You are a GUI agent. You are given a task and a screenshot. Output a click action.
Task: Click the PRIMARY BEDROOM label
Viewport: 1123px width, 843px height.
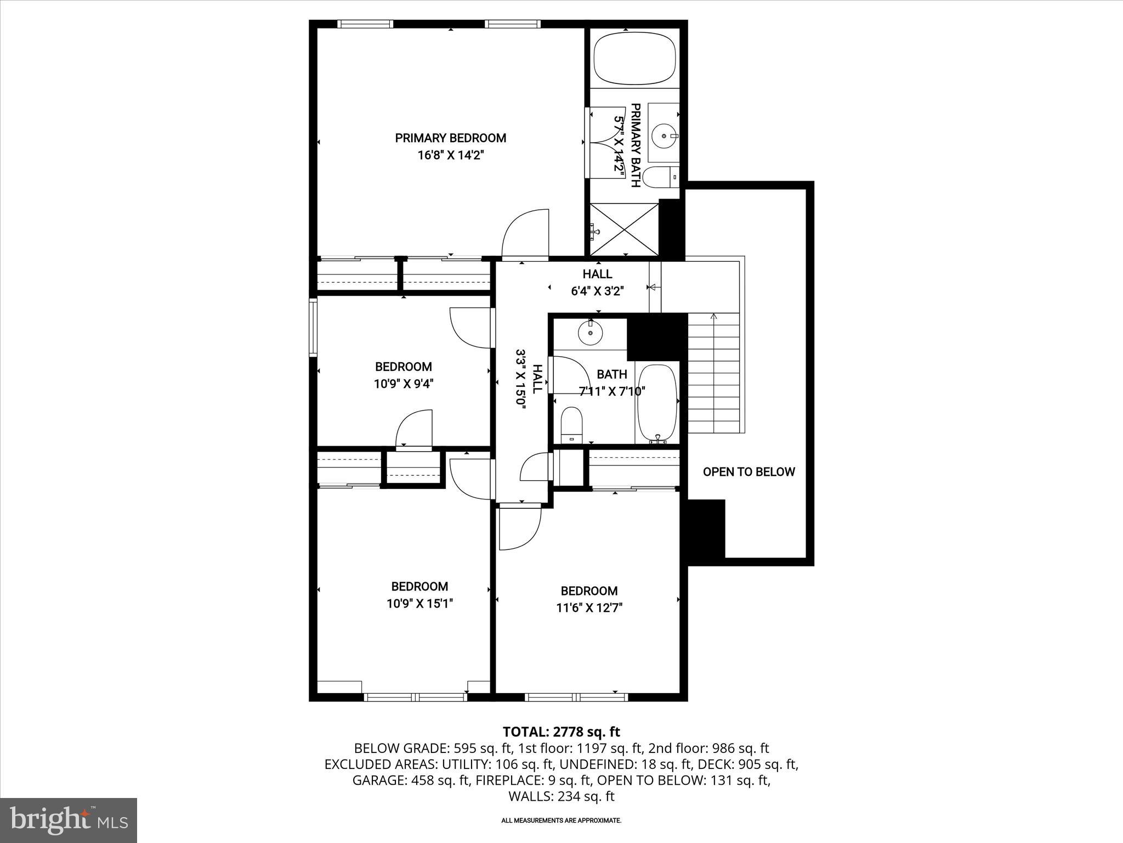[450, 138]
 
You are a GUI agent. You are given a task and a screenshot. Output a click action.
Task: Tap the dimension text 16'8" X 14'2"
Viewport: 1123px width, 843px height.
[451, 155]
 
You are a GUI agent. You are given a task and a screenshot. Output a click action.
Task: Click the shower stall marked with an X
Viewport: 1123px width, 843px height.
[624, 229]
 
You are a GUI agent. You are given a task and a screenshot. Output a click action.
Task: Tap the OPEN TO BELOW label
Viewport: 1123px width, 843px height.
[748, 472]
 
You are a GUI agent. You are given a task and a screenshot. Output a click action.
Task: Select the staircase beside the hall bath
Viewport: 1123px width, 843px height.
[713, 373]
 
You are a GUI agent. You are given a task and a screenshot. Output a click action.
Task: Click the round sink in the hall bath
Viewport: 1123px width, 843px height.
[590, 333]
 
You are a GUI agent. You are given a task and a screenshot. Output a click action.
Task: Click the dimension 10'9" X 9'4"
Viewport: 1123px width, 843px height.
[404, 384]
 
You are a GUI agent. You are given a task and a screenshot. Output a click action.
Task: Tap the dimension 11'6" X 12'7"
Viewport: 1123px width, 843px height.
[589, 608]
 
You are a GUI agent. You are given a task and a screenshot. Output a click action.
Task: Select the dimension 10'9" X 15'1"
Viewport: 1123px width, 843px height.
[419, 604]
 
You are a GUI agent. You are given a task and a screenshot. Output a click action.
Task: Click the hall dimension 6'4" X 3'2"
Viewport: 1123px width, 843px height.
[597, 291]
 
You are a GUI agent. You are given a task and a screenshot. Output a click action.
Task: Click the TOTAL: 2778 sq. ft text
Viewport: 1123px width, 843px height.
[561, 732]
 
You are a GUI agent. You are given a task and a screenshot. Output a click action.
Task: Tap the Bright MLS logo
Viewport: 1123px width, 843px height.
[69, 820]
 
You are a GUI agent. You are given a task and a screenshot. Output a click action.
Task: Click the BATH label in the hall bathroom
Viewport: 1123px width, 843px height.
[611, 374]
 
